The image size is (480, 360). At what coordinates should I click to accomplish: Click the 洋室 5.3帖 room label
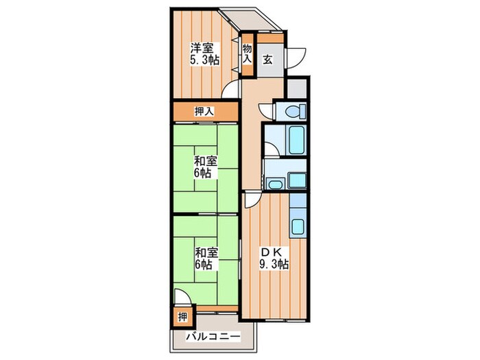(x=205, y=54)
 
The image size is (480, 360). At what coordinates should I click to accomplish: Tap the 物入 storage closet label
(x=248, y=54)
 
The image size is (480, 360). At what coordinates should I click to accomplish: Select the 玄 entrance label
(x=267, y=60)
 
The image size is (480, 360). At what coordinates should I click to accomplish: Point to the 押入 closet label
(x=204, y=112)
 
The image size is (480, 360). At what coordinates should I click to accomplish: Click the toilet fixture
(x=295, y=111)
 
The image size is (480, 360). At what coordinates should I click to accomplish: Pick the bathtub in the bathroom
(x=296, y=140)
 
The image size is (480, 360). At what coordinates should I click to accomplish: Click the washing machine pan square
(x=297, y=180)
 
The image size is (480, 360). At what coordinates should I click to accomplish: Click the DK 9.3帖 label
(x=274, y=258)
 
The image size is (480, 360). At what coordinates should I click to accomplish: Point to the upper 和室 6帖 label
(x=205, y=167)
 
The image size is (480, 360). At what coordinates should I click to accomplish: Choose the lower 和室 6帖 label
(x=206, y=259)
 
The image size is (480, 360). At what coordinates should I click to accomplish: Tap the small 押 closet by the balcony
(x=183, y=317)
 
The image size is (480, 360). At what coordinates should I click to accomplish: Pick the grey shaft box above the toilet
(x=297, y=88)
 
